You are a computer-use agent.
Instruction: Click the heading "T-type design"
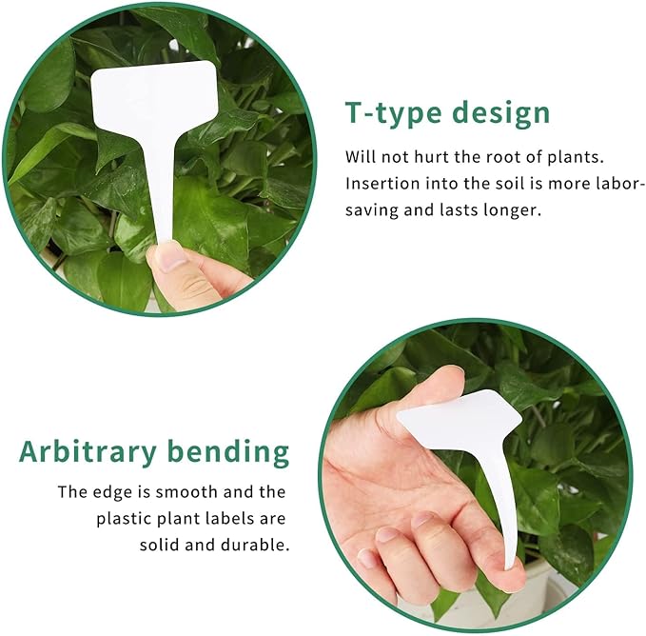tap(447, 113)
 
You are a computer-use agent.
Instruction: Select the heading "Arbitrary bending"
tap(154, 451)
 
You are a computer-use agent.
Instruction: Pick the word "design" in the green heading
tap(500, 113)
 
